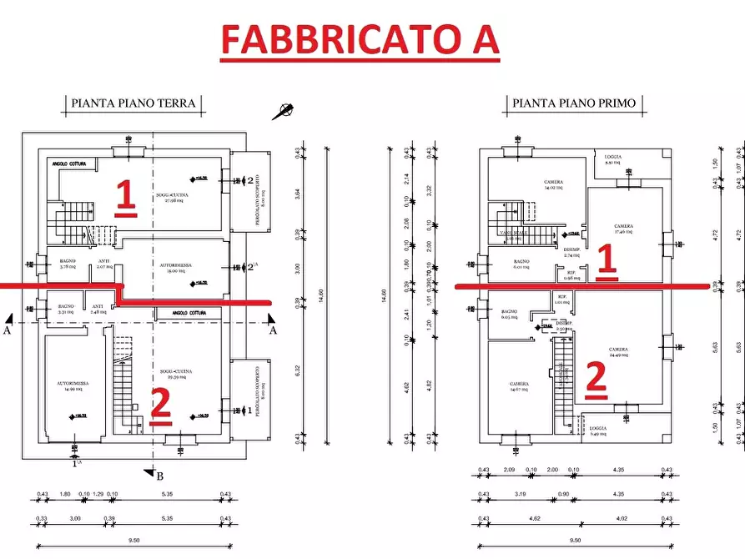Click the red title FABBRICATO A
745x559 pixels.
360,38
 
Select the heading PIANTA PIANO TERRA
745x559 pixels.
133,103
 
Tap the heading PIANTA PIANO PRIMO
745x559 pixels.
574,103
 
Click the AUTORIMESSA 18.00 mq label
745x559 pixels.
176,268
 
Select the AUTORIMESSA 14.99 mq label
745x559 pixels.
73,386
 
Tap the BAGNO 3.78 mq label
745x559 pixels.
68,265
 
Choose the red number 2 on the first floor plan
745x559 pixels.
595,377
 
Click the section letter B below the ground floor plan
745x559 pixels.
159,476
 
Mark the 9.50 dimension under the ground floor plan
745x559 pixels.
133,541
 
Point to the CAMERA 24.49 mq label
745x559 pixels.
618,352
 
